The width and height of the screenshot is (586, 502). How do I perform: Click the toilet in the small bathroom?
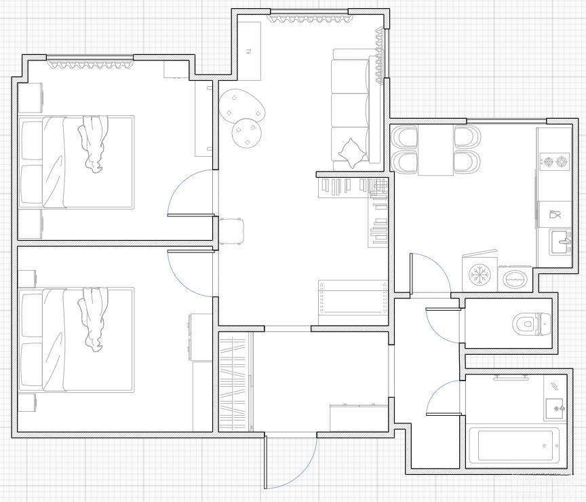[532, 323]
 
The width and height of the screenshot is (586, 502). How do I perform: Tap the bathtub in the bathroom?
[515, 446]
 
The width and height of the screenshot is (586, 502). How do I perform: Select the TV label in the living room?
[248, 52]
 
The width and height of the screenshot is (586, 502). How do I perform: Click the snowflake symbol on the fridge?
[479, 275]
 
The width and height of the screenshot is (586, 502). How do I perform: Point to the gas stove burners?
[555, 162]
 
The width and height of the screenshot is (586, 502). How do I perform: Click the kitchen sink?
[560, 242]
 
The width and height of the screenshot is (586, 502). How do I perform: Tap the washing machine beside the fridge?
[515, 278]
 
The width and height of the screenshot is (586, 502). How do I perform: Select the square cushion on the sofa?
[352, 153]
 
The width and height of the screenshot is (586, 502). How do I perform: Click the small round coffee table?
[247, 133]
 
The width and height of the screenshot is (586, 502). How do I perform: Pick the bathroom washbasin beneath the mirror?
[555, 408]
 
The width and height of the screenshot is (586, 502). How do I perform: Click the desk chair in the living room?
[232, 231]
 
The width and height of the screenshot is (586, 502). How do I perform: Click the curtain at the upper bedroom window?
[90, 64]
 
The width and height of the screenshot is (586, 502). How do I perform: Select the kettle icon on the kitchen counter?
[555, 214]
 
